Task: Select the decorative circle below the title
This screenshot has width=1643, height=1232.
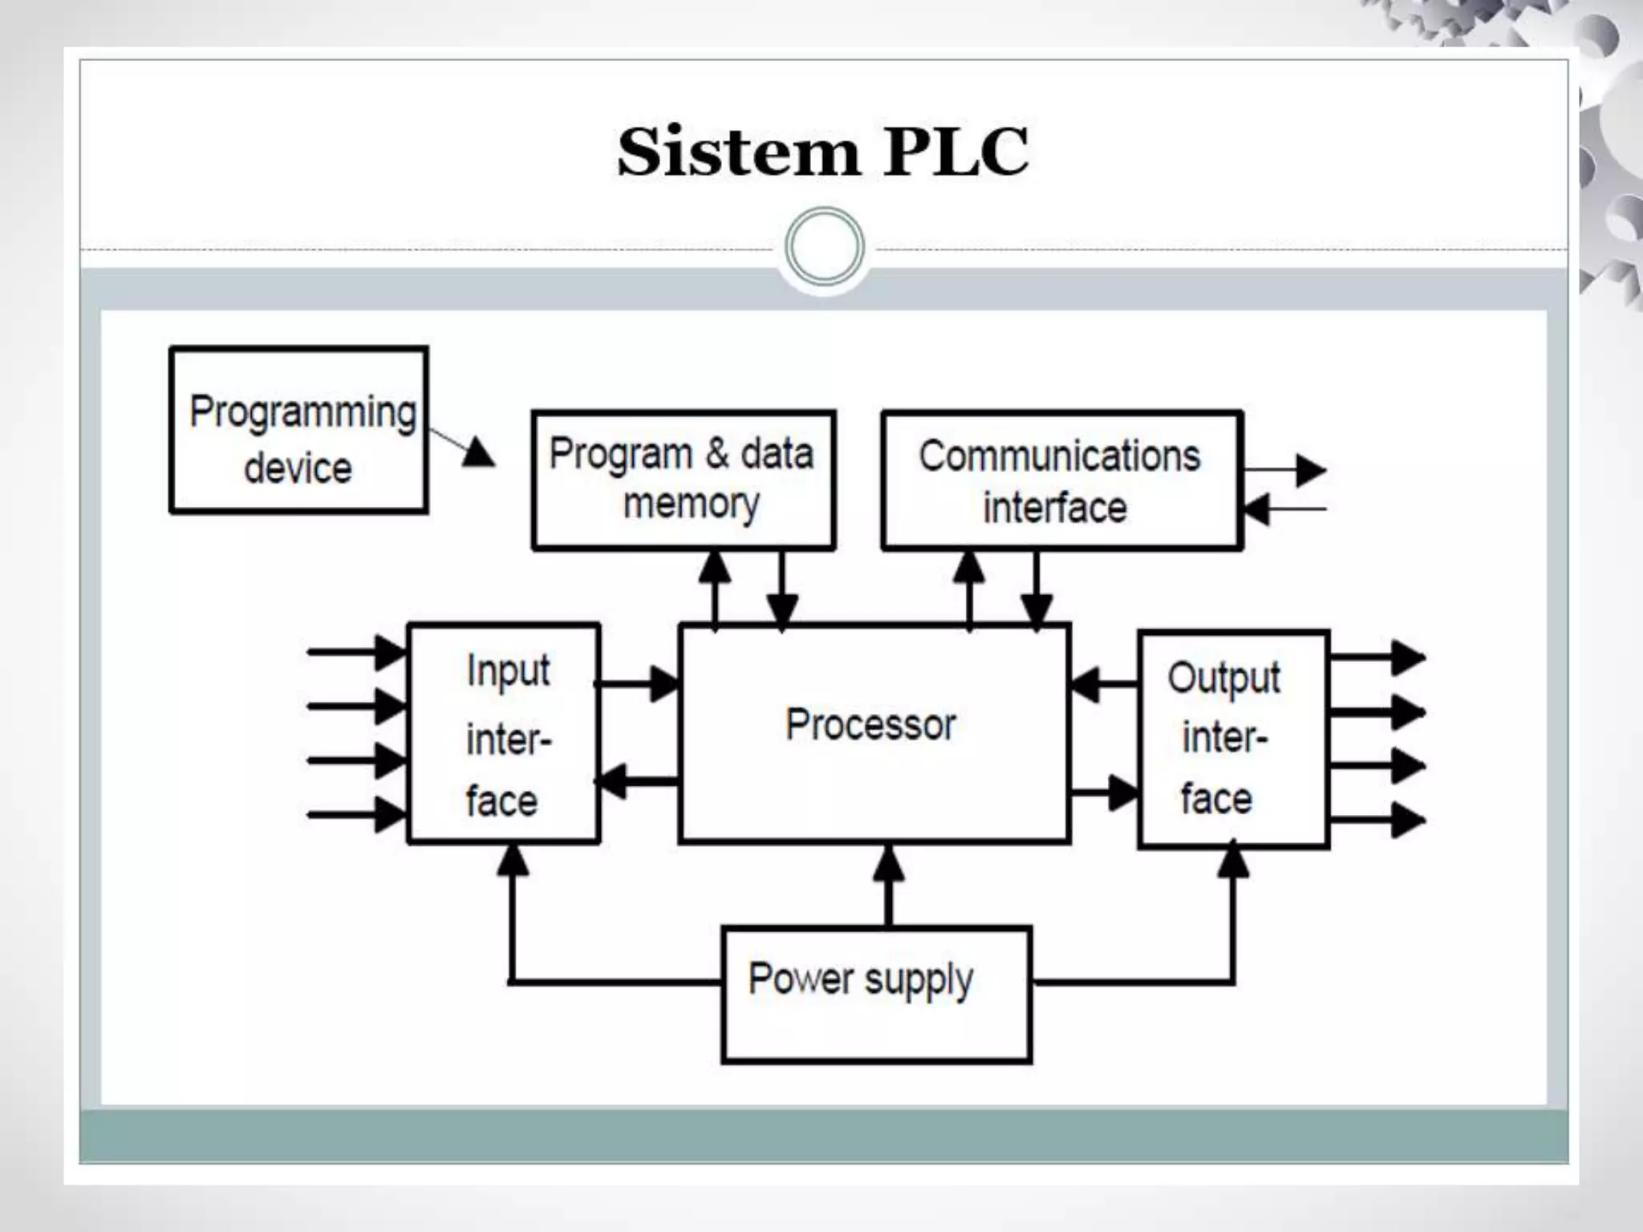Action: coord(824,247)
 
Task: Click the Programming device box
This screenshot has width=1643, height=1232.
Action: coord(298,431)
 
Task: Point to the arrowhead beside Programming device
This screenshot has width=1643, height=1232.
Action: coord(478,452)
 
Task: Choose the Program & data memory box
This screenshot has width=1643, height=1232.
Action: coord(684,480)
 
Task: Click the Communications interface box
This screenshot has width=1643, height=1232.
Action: coord(1061,480)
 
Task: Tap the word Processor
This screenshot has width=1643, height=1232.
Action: coord(870,724)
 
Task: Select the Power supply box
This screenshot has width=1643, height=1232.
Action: coord(876,995)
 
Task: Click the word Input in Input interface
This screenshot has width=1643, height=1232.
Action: coord(508,671)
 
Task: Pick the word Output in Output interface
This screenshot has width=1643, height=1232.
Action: coord(1223,679)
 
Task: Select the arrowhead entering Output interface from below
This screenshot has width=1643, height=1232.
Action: coord(1233,862)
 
